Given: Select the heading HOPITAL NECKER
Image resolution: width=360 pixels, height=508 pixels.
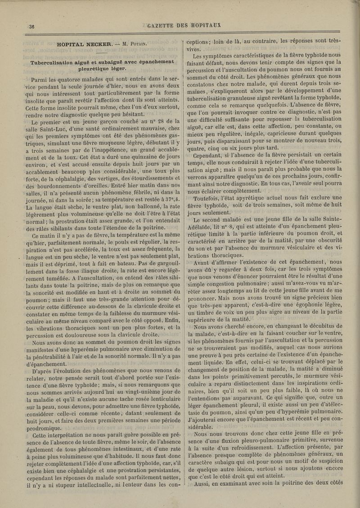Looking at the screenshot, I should pos(84,44).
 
